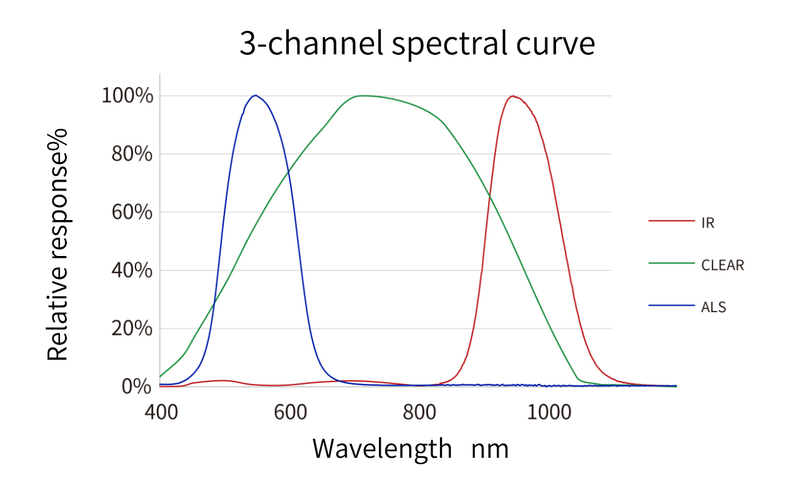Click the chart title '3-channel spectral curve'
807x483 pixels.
click(417, 44)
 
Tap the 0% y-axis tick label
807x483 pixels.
click(136, 386)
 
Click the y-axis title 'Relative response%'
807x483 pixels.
click(58, 245)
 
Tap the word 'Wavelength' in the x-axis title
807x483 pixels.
click(382, 448)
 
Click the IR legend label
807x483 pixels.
click(708, 223)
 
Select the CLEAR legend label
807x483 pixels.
click(723, 265)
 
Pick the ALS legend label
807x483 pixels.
click(714, 308)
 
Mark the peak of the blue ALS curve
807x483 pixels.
click(255, 95)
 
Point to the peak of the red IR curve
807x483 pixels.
click(514, 96)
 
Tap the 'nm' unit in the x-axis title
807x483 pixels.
click(489, 450)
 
